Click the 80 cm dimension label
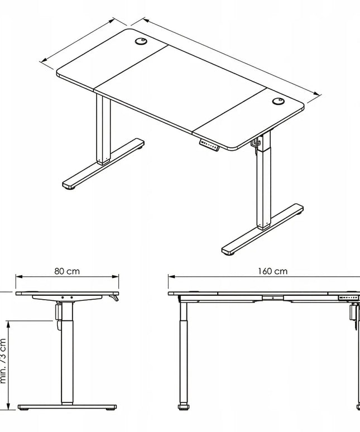(67, 271)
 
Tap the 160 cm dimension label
(273, 271)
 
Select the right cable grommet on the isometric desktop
(278, 102)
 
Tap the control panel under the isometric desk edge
(209, 146)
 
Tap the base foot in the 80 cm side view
(68, 406)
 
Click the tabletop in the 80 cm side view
(67, 294)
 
